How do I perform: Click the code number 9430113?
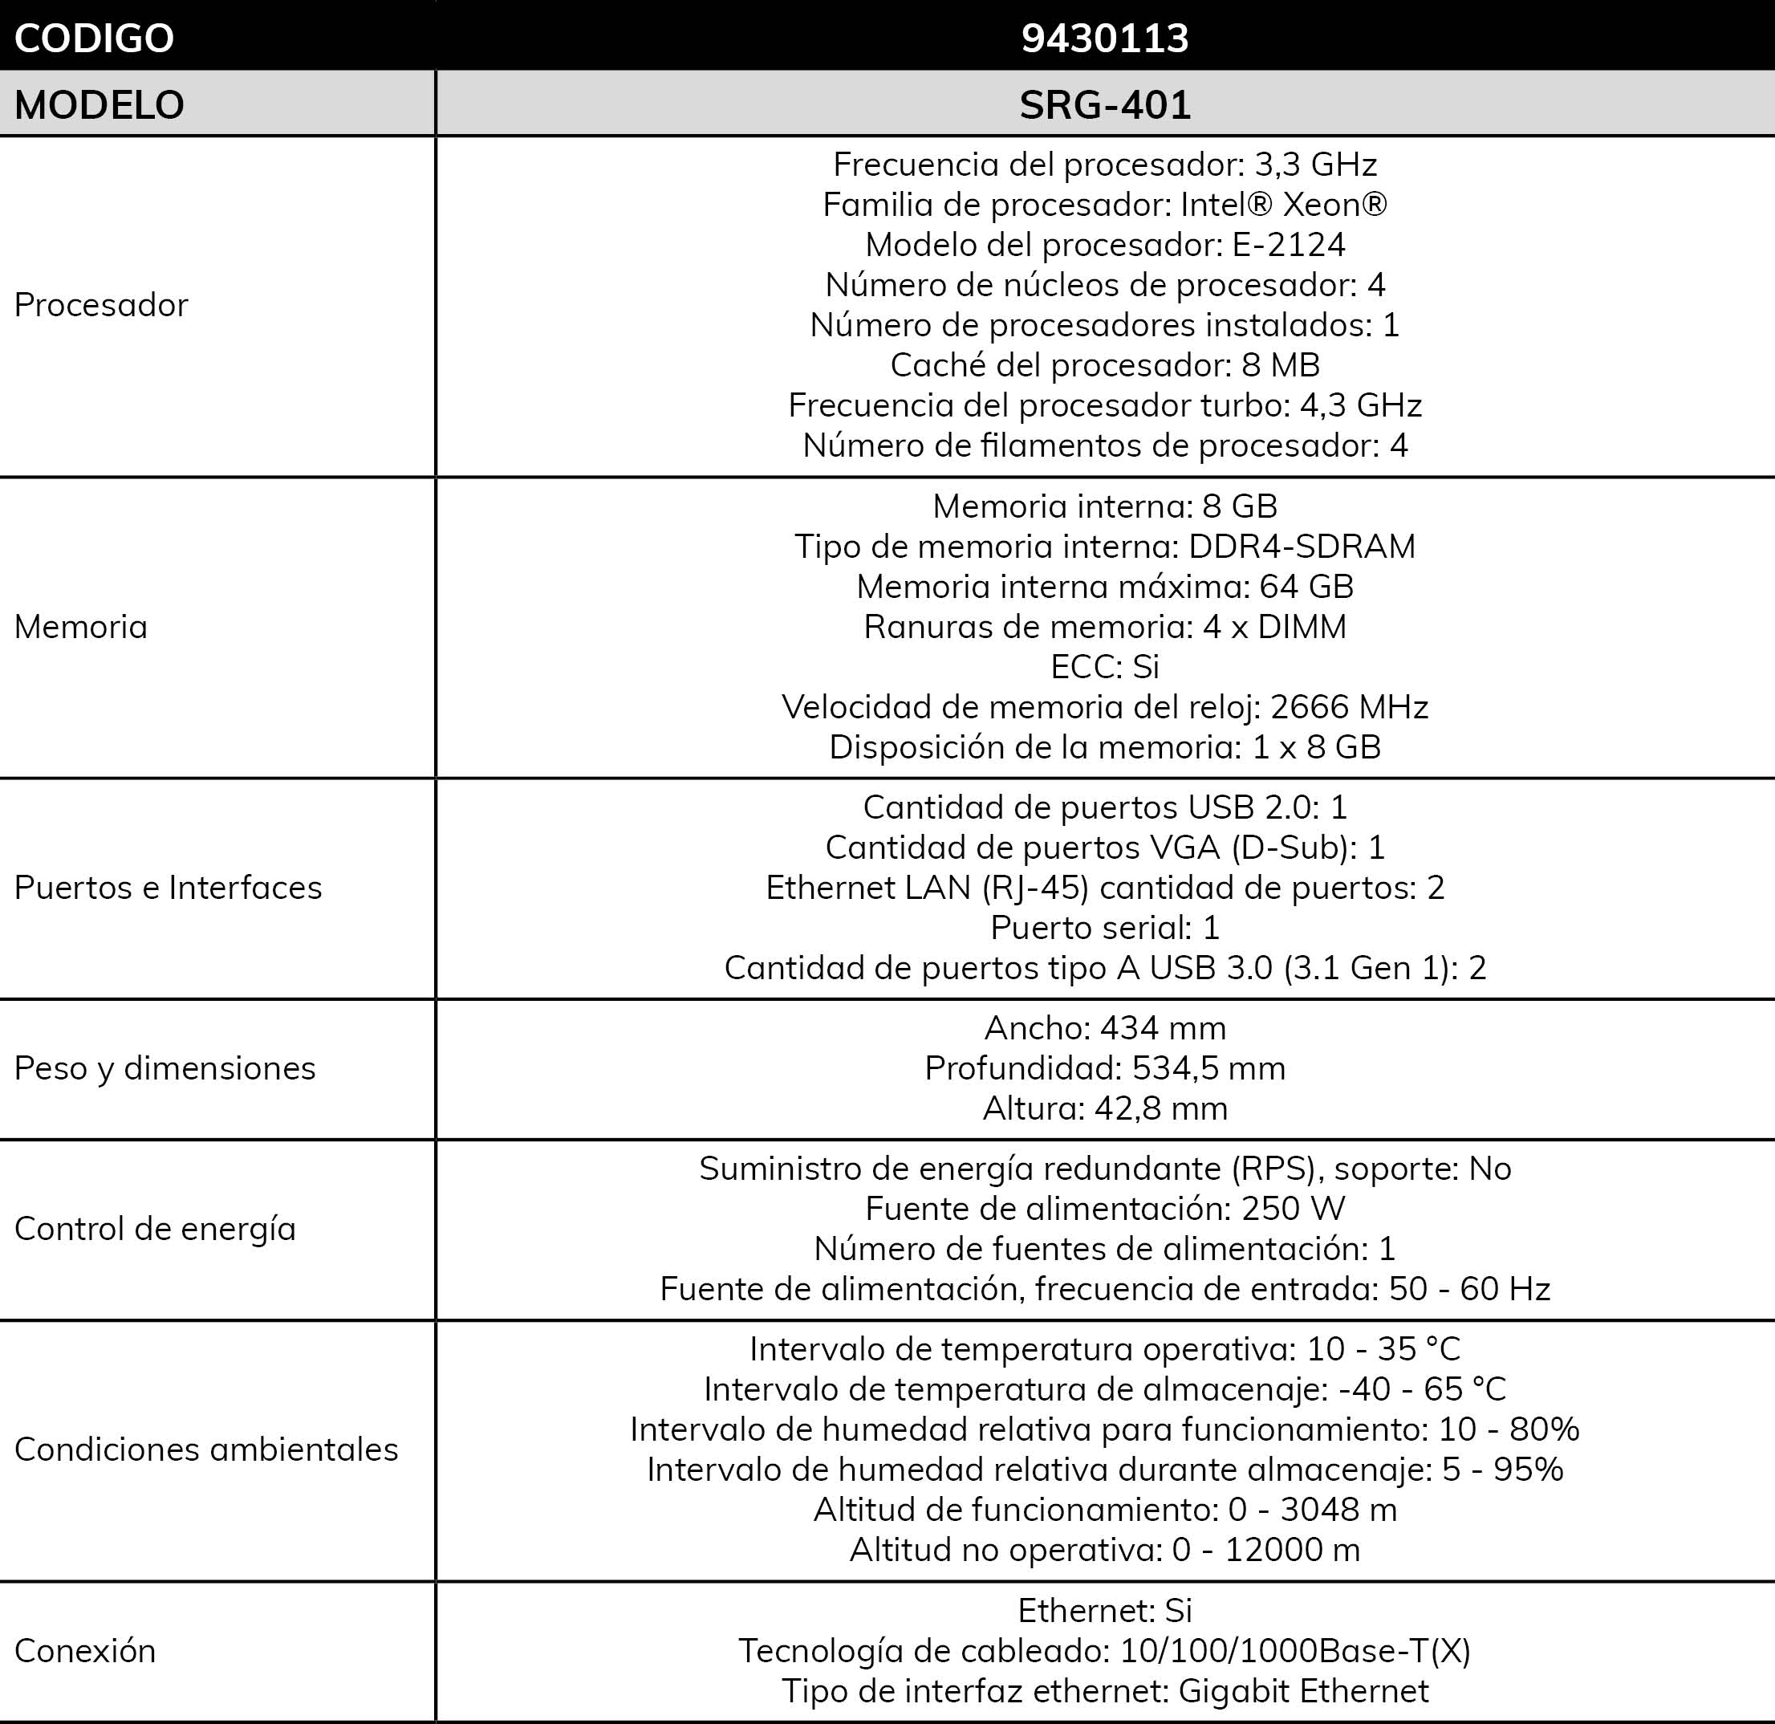tap(1104, 38)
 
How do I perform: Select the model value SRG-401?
tap(1104, 105)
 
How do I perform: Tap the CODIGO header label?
tap(94, 38)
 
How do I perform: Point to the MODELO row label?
tap(100, 105)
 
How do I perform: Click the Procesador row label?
tap(101, 305)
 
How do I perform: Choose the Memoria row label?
tap(80, 627)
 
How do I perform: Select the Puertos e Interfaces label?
tap(169, 888)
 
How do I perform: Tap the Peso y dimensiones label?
tap(165, 1068)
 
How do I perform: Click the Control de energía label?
tap(155, 1229)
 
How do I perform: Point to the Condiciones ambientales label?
tap(206, 1450)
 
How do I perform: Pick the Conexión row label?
tap(85, 1651)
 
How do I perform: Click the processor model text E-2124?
tap(1289, 245)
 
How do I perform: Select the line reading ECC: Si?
tap(1105, 667)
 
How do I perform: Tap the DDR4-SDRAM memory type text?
tap(1302, 547)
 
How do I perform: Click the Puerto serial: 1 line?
tap(1105, 928)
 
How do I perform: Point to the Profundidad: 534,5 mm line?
tap(1105, 1068)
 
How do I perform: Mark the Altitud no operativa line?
tap(1105, 1550)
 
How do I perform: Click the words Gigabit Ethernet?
tap(1304, 1690)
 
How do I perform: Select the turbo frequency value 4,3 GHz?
tap(1360, 405)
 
